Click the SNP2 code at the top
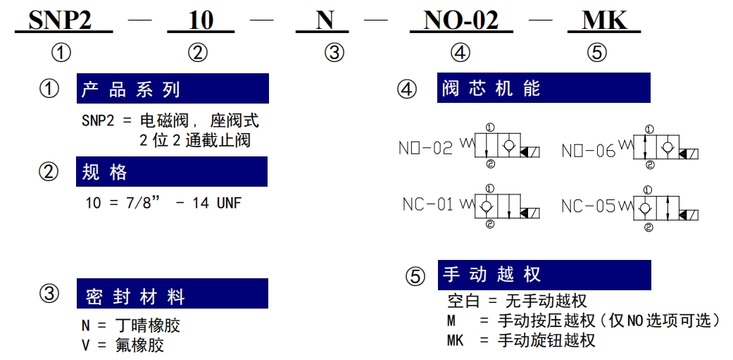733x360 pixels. tap(61, 20)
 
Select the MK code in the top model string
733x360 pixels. tap(604, 20)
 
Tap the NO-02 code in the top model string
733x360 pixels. tap(461, 20)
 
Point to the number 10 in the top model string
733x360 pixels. tap(201, 20)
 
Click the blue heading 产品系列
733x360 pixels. tap(131, 89)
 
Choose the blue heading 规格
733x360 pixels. tap(104, 172)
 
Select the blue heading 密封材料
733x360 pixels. tap(136, 297)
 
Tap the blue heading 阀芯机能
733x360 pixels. tap(491, 88)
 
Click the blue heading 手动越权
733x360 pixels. tap(491, 274)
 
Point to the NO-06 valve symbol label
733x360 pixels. tap(589, 151)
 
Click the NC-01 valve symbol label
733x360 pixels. tap(428, 204)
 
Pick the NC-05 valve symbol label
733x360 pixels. tap(588, 206)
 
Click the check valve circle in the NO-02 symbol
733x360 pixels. tap(508, 146)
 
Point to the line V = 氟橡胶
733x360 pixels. tap(123, 345)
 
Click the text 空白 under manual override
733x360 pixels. tap(463, 301)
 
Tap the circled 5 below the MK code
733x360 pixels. tap(597, 53)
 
